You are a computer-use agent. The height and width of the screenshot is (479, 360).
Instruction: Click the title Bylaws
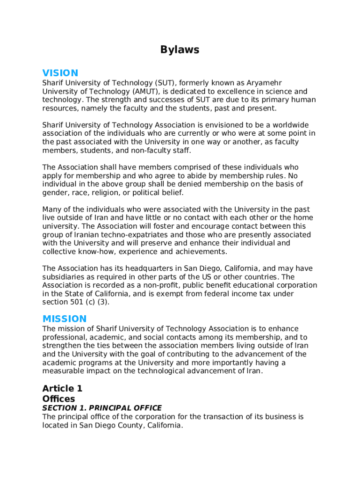click(180, 50)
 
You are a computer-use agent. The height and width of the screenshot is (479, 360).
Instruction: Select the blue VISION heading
click(60, 73)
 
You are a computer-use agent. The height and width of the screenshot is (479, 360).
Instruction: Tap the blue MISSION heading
click(65, 319)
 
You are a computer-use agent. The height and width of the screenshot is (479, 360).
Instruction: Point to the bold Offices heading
click(58, 399)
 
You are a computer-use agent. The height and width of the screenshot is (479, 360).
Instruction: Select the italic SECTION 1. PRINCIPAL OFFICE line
click(102, 408)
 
